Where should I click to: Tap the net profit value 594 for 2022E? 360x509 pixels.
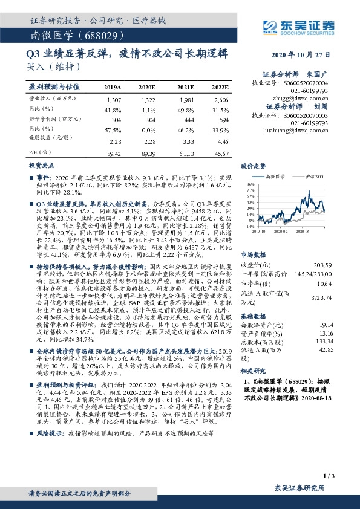[222, 120]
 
